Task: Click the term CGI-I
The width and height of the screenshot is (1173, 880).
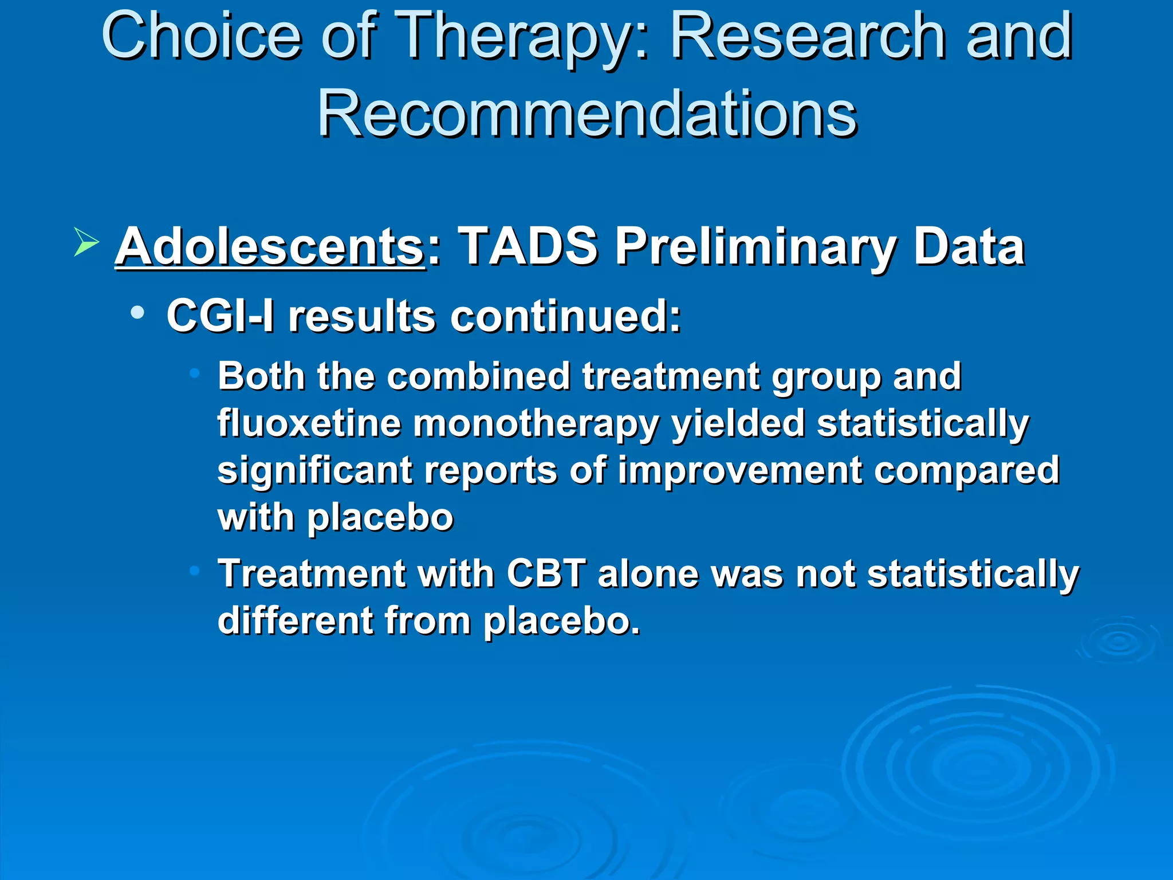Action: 220,316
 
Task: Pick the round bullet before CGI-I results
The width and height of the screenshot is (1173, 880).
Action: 137,313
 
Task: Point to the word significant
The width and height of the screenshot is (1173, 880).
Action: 315,471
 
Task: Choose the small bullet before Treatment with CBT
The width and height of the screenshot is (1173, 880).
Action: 195,571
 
